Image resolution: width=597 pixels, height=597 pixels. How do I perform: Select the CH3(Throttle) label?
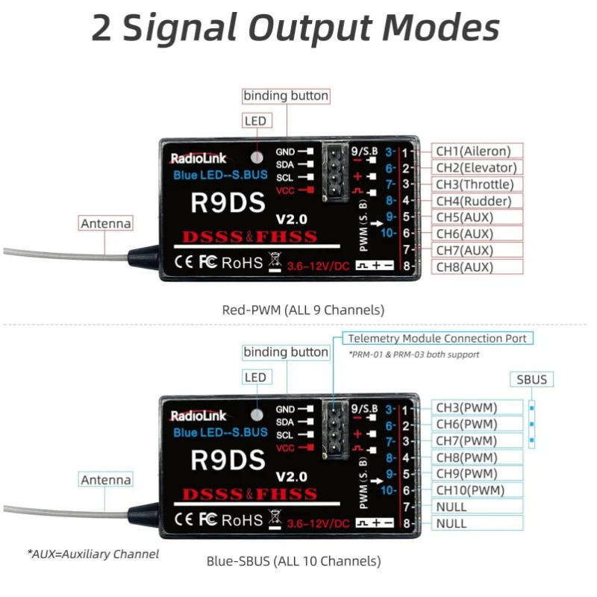[478, 184]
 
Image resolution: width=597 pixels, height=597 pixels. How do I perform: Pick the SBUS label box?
[532, 379]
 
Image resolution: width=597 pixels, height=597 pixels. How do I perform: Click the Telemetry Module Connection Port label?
[437, 338]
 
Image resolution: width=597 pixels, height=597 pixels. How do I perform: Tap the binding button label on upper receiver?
[286, 96]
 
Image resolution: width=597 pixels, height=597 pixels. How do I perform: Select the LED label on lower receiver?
[254, 378]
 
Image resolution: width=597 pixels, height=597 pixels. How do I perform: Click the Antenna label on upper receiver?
[106, 223]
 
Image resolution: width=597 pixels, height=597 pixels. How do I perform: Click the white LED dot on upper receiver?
[257, 157]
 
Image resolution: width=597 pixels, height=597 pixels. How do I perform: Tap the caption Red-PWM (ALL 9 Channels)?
[303, 309]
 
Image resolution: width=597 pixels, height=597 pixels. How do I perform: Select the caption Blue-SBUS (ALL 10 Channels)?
[293, 560]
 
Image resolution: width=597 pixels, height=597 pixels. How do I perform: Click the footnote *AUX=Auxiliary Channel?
[93, 554]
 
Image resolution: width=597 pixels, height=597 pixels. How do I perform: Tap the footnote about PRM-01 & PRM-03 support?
[413, 354]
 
